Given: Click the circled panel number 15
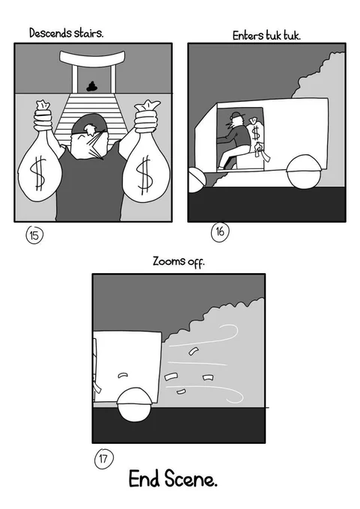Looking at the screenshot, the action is pos(34,235).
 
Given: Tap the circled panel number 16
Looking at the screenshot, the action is pos(220,232).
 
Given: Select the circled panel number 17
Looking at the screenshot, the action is pos(103,459).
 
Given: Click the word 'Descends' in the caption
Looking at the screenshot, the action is pos(50,33).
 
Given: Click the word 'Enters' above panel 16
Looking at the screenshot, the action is pos(248,35).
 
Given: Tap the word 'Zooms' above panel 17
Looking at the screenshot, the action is pos(169,261).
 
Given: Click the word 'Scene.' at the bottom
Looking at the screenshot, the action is pos(191,478).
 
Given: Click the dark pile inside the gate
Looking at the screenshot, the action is pos(92,87).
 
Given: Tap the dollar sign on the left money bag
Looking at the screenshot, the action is pos(38,173).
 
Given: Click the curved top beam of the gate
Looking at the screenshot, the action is pos(92,58).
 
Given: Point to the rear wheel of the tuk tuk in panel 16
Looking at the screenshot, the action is pos(304,171).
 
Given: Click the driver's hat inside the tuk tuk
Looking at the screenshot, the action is pos(235,115).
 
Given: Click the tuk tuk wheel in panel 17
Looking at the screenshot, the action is pos(134,405).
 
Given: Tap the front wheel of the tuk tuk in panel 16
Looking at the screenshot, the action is pos(196,180).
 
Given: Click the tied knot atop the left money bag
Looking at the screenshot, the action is pos(43,106).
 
